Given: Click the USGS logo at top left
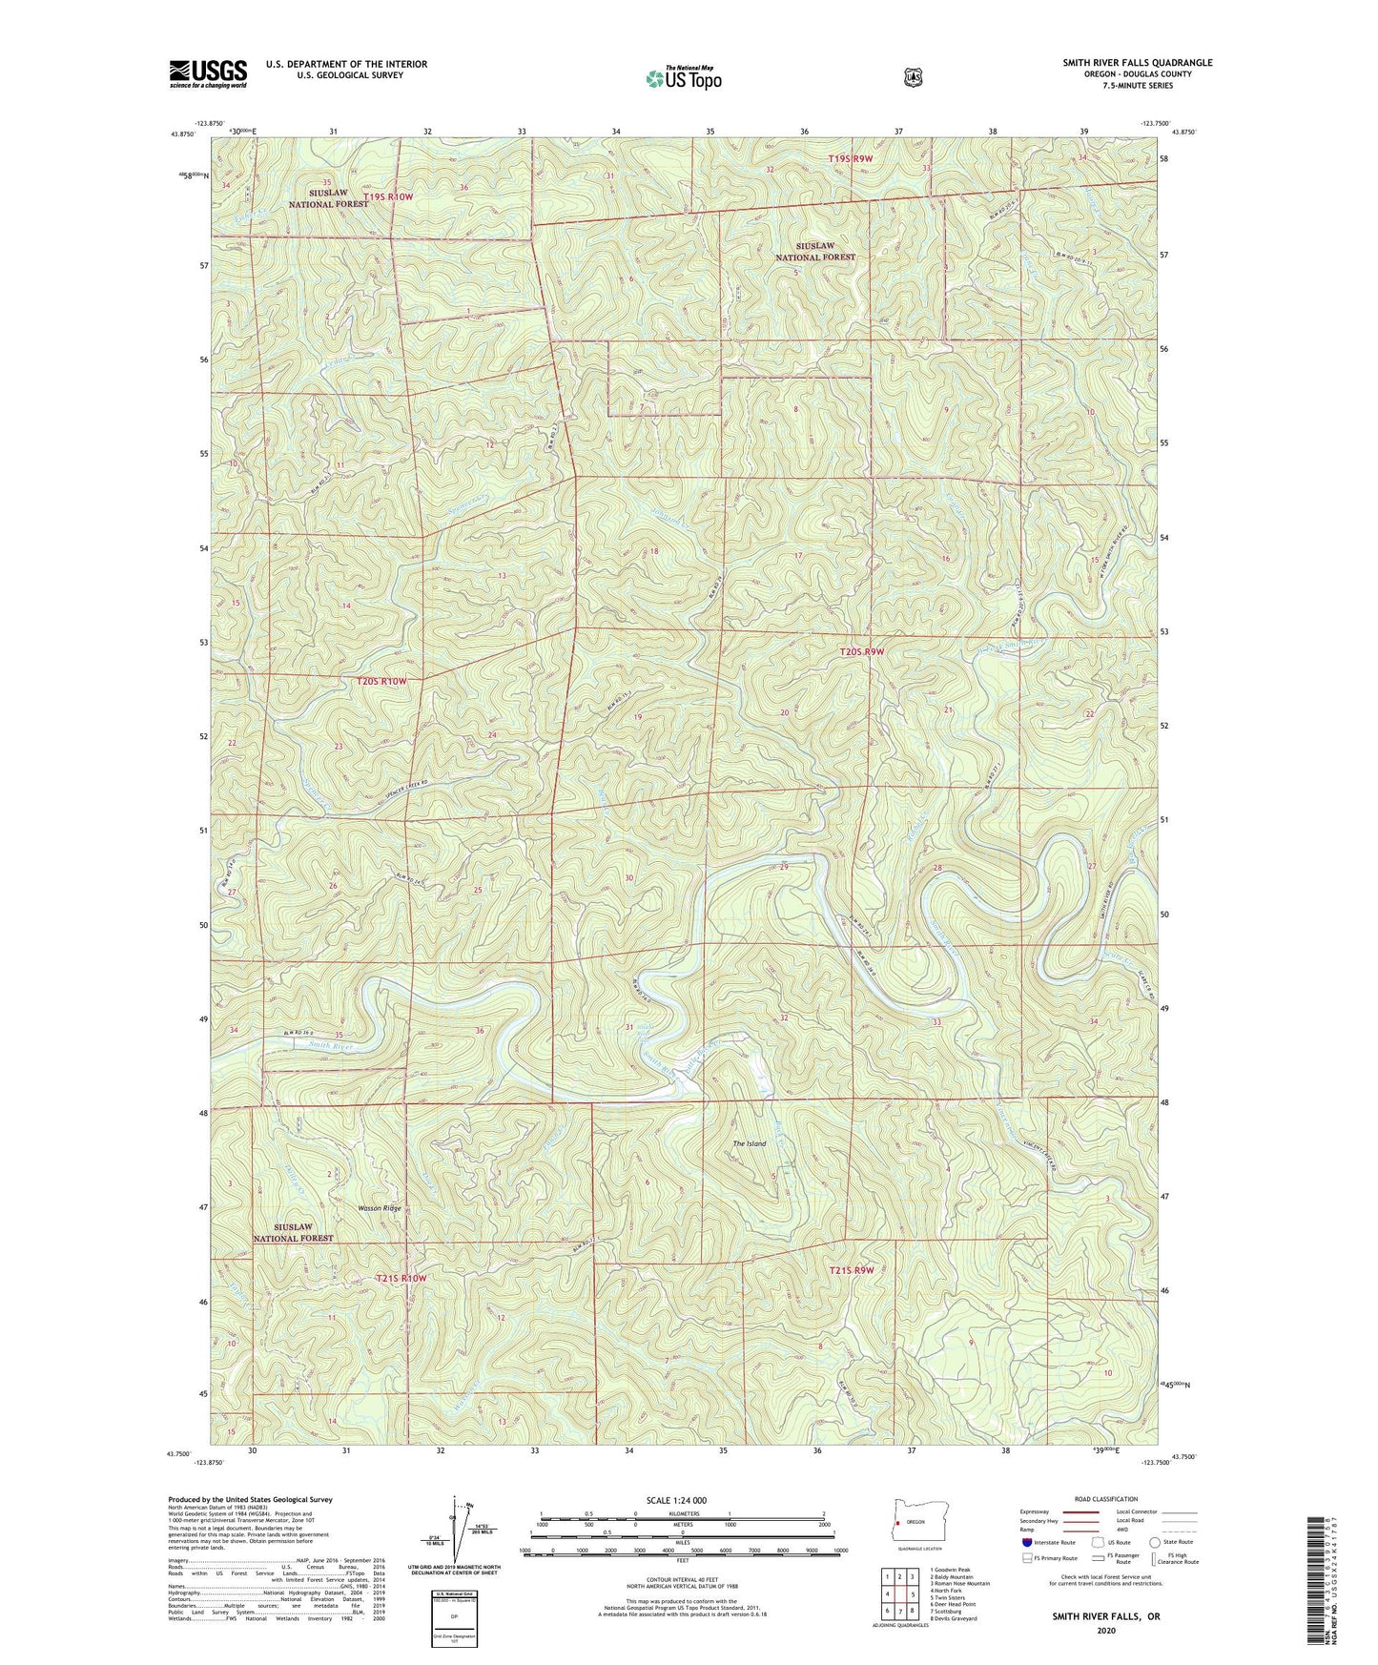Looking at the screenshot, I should point(208,73).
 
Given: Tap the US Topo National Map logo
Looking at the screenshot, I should point(683,78).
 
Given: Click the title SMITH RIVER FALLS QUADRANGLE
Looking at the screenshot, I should point(1137,63).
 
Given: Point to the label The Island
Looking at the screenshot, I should point(749,1143).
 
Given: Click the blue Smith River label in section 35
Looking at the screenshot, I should point(330,1046).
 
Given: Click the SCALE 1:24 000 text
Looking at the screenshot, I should point(676,1500).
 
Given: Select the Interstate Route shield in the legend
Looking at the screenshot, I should point(1027,1542).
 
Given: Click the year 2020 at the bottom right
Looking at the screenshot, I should point(1105,1630).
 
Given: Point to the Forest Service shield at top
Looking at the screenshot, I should point(913,76).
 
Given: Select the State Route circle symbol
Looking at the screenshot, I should point(1155,1542).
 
